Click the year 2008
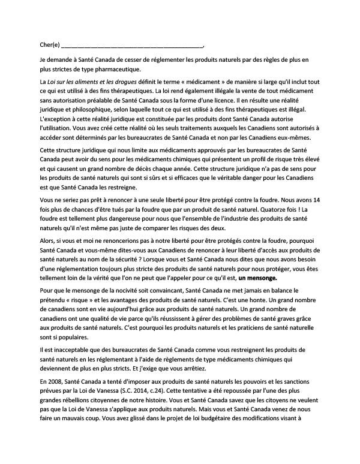coord(53,379)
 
